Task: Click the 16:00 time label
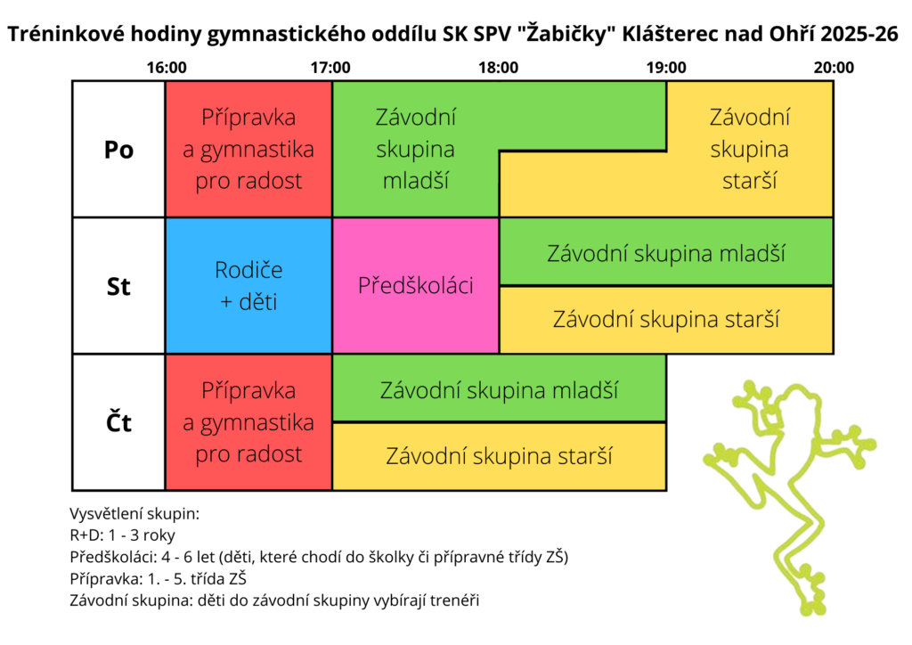[167, 68]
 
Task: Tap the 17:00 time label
[330, 68]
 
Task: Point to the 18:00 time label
[498, 68]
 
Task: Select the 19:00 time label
[666, 68]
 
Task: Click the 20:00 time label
[834, 68]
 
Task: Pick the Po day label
[118, 150]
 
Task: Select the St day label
[118, 286]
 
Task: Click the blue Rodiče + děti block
[249, 286]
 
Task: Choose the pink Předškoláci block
[415, 286]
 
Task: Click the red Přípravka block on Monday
[249, 149]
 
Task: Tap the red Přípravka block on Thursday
[249, 422]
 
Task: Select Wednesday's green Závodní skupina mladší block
[666, 252]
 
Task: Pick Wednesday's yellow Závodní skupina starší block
[666, 320]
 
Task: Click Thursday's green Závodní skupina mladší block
[499, 388]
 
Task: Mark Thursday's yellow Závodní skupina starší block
[499, 456]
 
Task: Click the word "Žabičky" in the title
[567, 34]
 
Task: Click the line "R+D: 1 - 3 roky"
[122, 535]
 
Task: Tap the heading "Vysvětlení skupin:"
[134, 514]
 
